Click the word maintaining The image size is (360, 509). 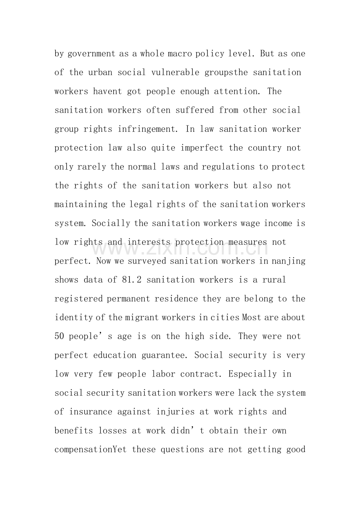pyautogui.click(x=76, y=204)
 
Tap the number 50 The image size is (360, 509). pyautogui.click(x=59, y=337)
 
